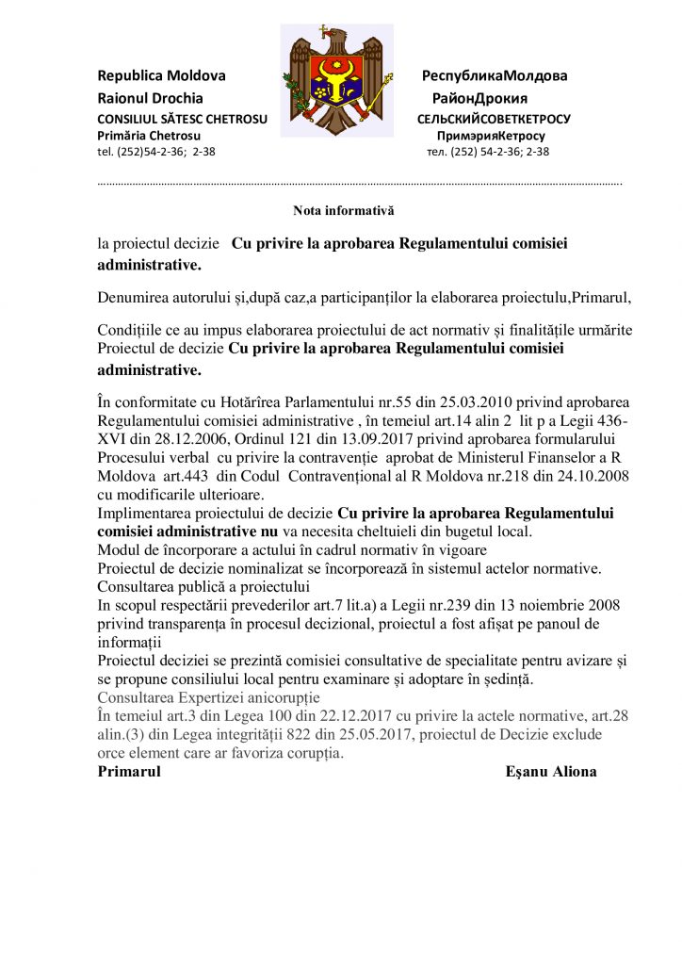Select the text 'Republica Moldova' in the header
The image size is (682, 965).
pos(162,75)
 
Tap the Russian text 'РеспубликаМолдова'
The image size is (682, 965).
pos(494,75)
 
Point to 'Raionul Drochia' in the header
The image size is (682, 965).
pos(151,98)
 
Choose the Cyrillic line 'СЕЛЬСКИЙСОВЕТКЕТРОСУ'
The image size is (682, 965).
pos(494,119)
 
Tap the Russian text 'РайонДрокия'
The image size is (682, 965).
pos(479,98)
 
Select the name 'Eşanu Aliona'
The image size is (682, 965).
pos(551,772)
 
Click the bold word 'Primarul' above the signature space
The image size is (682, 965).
pos(129,772)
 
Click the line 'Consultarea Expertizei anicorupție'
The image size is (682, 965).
pos(209,698)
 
